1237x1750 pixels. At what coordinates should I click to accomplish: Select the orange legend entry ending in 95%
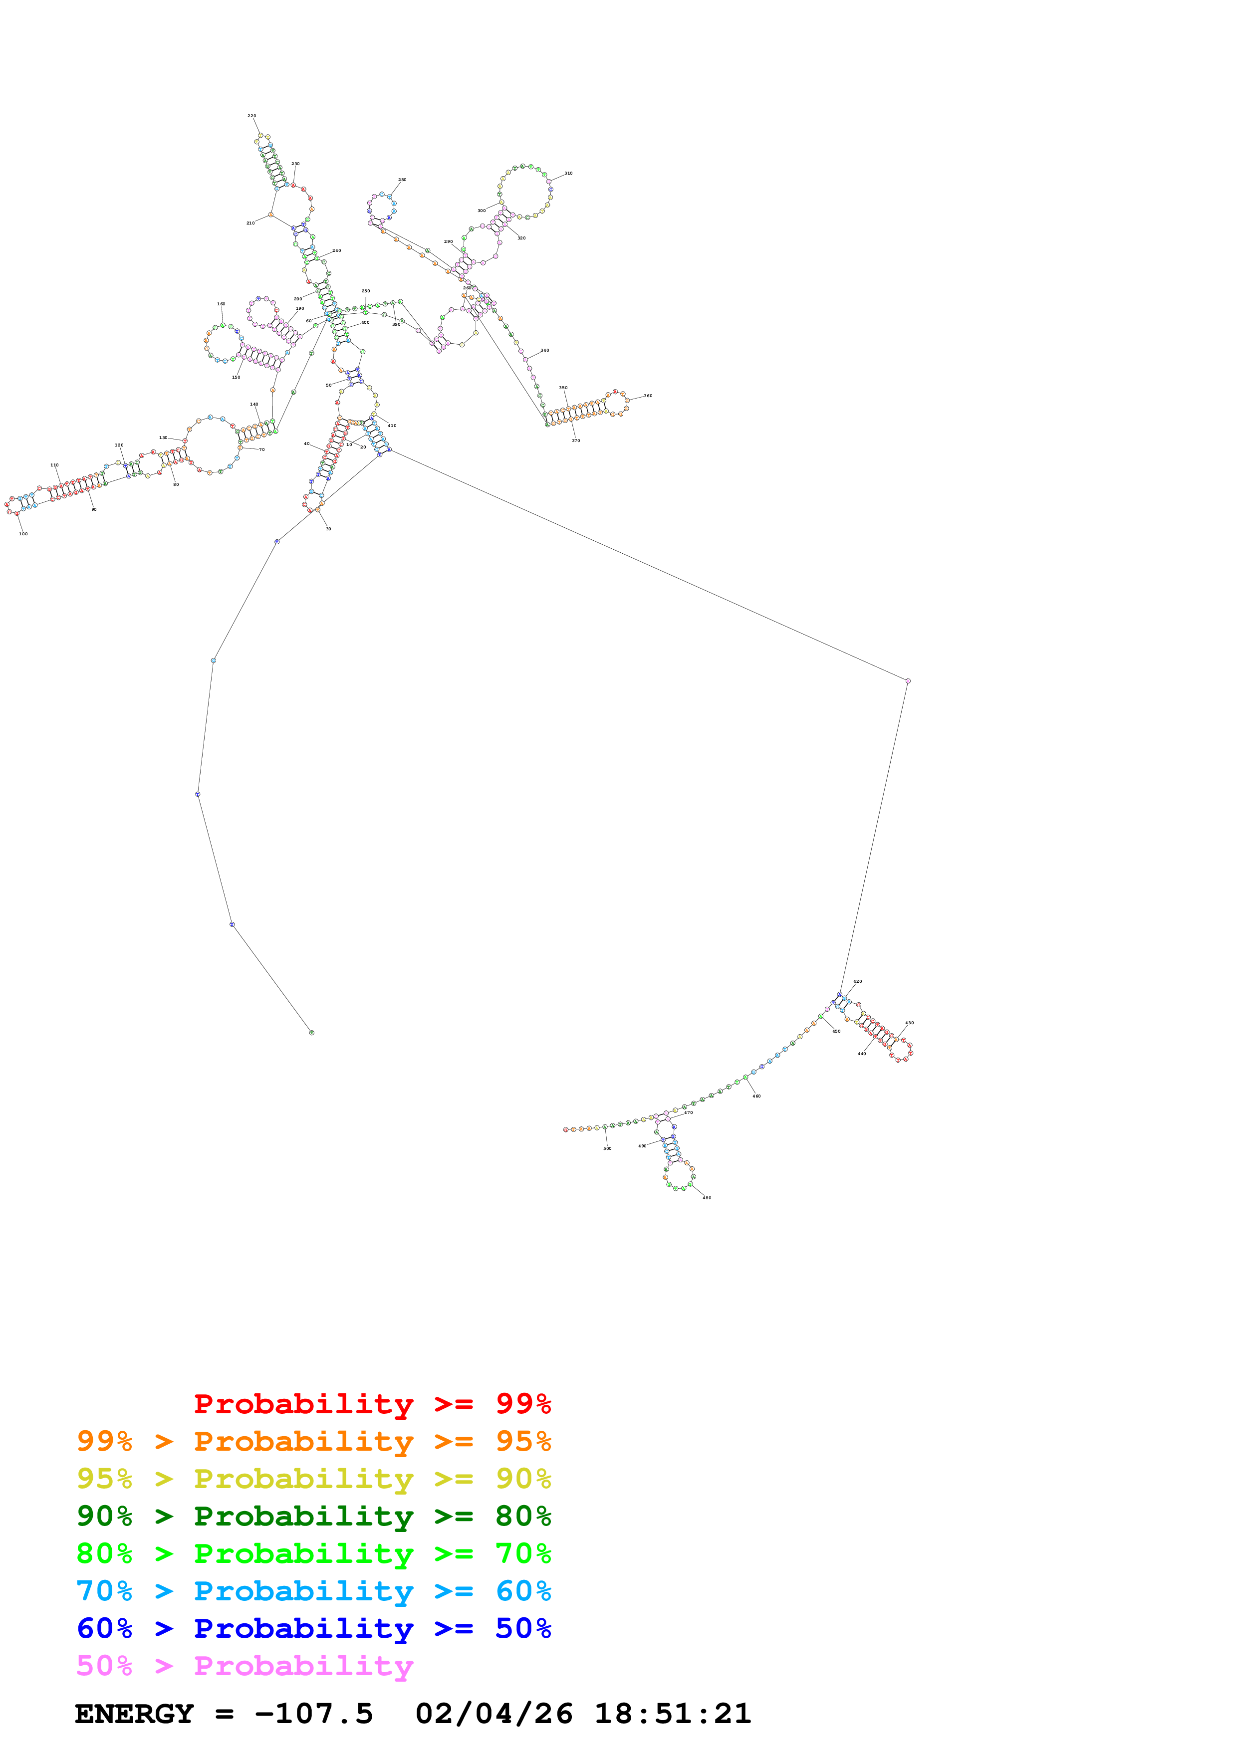[313, 1441]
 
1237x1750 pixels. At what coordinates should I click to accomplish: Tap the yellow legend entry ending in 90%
[313, 1479]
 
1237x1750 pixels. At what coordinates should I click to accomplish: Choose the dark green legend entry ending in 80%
[313, 1516]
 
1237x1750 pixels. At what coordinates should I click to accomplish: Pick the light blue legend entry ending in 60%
[313, 1591]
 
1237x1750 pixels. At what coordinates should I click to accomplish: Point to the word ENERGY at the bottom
[134, 1714]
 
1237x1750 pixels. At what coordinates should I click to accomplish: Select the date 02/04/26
[494, 1714]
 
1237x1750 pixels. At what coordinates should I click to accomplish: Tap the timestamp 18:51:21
[673, 1714]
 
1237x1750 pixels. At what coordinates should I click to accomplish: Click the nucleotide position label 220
[251, 116]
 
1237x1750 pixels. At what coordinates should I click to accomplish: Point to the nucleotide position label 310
[568, 173]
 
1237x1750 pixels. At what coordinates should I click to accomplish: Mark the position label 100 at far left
[23, 534]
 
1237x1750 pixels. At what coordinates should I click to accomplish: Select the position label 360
[648, 396]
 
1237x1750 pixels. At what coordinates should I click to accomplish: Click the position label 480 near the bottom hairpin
[707, 1197]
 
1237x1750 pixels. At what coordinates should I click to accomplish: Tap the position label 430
[909, 1023]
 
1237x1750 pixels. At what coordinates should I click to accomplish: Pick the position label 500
[607, 1148]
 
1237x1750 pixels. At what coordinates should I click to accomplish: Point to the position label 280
[402, 180]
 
